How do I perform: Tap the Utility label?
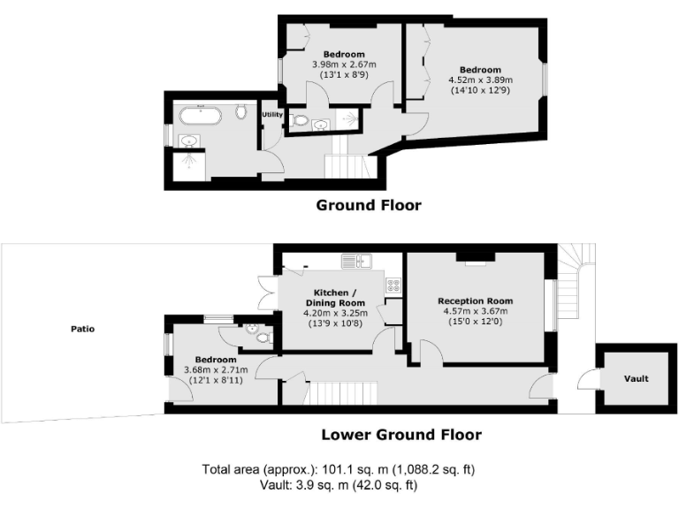click(271, 115)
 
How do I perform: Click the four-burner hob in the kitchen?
click(393, 285)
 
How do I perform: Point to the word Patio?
click(83, 329)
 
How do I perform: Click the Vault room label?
click(636, 378)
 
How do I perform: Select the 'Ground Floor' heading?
click(369, 205)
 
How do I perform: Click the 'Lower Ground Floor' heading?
click(401, 434)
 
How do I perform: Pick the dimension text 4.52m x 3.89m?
click(480, 80)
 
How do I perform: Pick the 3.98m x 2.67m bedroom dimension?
click(345, 65)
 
